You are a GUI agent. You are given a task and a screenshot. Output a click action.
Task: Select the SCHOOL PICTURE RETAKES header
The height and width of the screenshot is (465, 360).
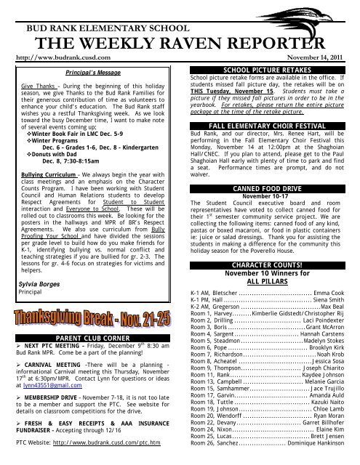pyautogui.click(x=268, y=69)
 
